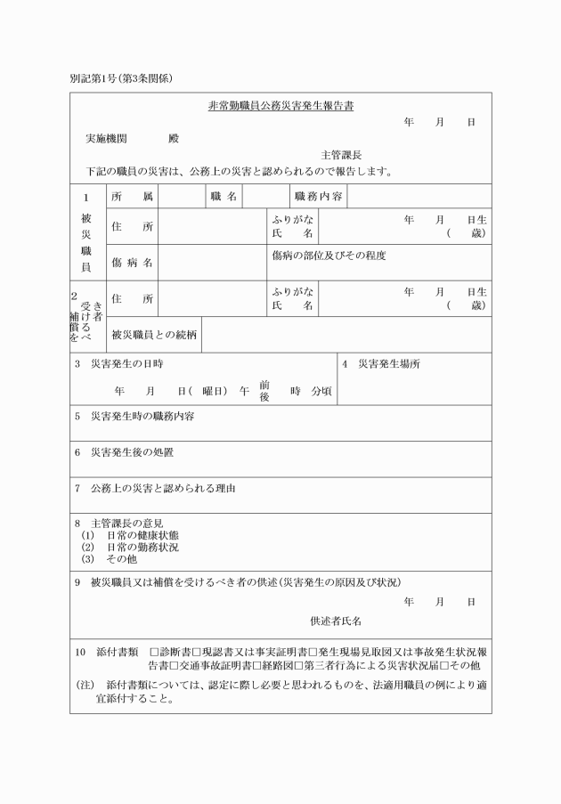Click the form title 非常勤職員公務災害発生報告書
(x=280, y=105)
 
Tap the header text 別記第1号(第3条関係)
(x=121, y=77)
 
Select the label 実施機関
(x=106, y=139)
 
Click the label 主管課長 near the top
(x=341, y=155)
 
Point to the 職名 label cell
(x=223, y=196)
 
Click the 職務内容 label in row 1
(x=318, y=196)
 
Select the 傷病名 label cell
(x=132, y=263)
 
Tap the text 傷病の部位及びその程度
(x=329, y=255)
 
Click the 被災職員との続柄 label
(x=153, y=335)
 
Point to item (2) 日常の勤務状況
(x=142, y=547)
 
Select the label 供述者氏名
(x=335, y=620)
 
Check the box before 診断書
(x=154, y=652)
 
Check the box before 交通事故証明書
(x=175, y=664)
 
